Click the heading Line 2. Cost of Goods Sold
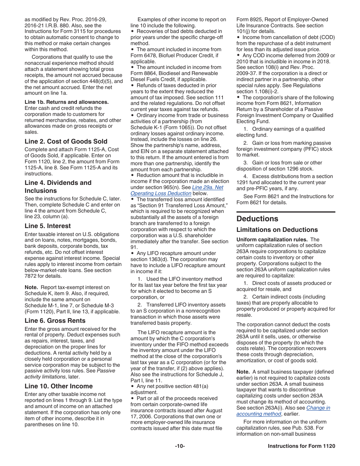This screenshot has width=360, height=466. [66, 141]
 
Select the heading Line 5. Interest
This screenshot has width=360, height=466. [48, 226]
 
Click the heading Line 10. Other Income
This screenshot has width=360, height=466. [59, 386]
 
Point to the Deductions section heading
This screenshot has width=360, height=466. [257, 219]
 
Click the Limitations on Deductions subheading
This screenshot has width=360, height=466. [277, 230]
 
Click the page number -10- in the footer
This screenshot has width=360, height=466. [180, 446]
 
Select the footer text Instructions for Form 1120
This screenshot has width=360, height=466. [301, 446]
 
